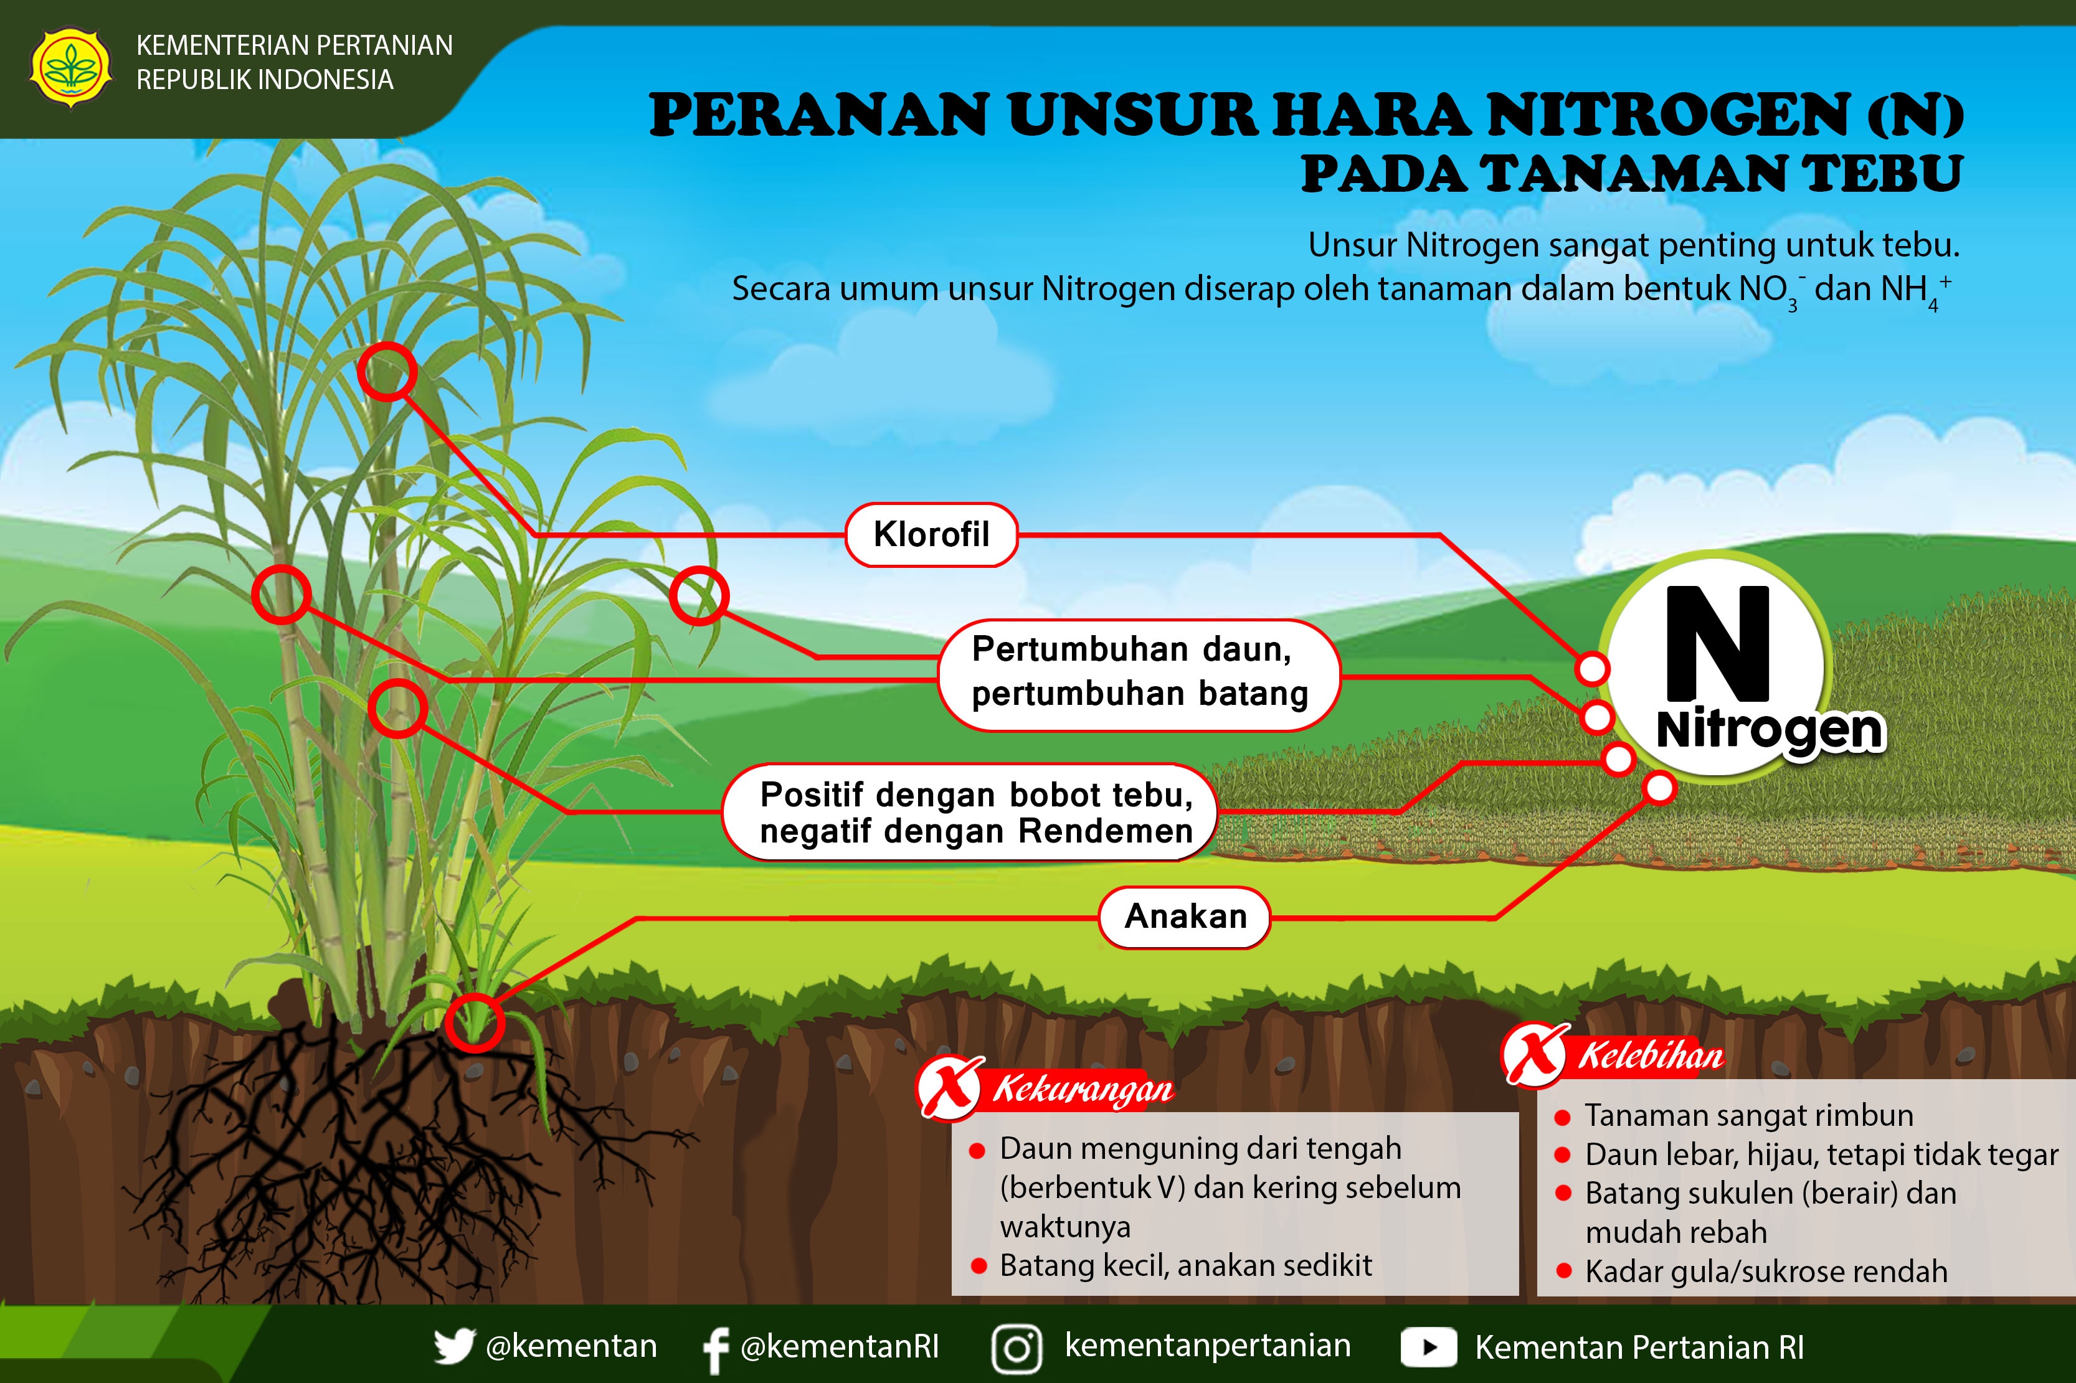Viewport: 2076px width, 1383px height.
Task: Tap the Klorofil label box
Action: point(931,534)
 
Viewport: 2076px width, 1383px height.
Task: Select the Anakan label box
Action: point(1184,917)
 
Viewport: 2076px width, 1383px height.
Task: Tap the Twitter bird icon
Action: point(453,1347)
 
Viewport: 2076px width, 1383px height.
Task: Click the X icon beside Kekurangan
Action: point(950,1087)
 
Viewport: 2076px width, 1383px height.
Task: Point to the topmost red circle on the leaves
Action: point(387,371)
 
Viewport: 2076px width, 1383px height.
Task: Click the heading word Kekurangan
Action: point(1083,1090)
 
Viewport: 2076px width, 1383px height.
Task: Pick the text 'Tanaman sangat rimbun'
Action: point(1748,1116)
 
